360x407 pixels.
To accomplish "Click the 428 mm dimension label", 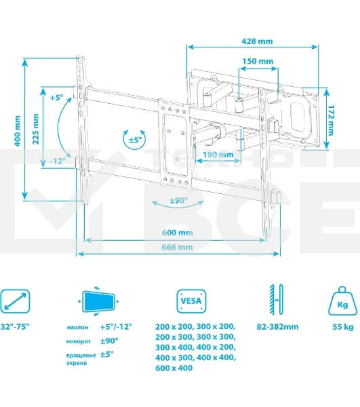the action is click(x=257, y=41).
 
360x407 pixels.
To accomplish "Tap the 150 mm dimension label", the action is click(x=258, y=61).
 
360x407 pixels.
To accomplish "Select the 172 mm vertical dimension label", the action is click(x=331, y=121).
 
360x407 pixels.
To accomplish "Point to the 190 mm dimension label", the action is click(x=218, y=155).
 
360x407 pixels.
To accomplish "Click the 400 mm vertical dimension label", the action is click(x=18, y=131).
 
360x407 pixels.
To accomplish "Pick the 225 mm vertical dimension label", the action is click(x=36, y=129).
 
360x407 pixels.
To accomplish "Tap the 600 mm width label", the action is click(x=178, y=233).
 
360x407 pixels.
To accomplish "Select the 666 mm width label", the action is click(x=177, y=247).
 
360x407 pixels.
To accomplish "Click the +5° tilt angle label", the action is click(x=56, y=98).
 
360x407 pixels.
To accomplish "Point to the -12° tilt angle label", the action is click(x=58, y=161).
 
